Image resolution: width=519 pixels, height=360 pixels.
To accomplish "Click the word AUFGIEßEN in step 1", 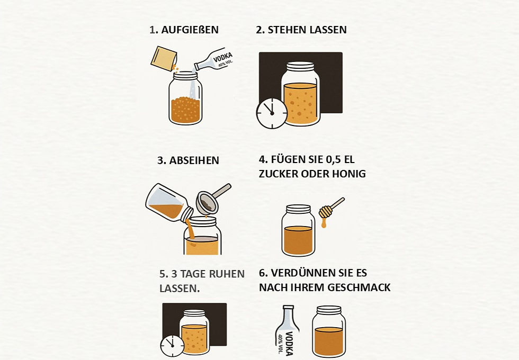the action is pos(190,30).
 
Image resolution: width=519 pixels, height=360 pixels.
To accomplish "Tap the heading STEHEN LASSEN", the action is pos(301,30).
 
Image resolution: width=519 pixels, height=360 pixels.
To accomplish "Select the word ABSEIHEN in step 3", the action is pos(194,160).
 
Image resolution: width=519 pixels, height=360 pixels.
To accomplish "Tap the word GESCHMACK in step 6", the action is pos(359,287).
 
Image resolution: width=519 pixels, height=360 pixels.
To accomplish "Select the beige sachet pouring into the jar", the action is pos(164,59).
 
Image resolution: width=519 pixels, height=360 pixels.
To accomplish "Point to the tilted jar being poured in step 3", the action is pos(169,202).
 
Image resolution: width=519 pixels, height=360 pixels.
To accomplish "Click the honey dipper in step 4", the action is pos(331,208).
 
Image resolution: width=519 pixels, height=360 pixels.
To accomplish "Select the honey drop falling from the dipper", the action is pos(324,223).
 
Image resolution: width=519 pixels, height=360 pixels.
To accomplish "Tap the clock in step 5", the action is pos(172,346).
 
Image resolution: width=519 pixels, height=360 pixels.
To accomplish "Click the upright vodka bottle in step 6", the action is pos(287,331).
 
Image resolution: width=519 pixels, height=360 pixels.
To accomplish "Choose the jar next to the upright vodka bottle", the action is pos(329,331).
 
